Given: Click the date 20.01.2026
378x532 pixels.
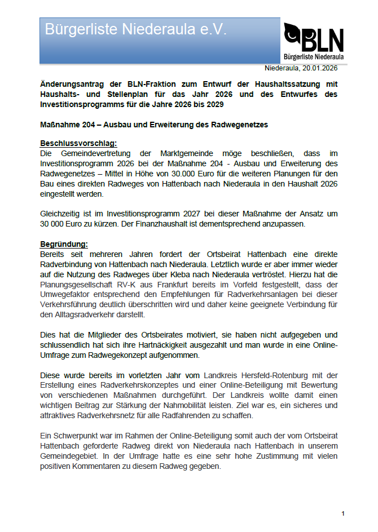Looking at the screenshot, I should pyautogui.click(x=319, y=69).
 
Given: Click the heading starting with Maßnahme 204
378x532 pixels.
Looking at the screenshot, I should pyautogui.click(x=154, y=124).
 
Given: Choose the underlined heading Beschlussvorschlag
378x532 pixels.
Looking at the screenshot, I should pyautogui.click(x=78, y=143).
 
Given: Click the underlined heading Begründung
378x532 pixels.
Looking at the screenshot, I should pyautogui.click(x=64, y=245).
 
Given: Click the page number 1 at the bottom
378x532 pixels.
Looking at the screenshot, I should pyautogui.click(x=342, y=513).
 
